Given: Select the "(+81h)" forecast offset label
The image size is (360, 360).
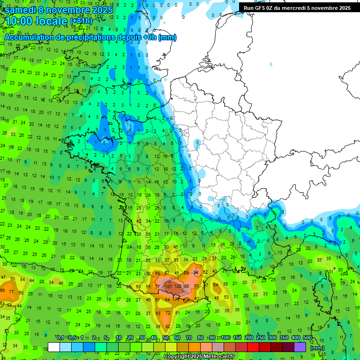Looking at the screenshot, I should [x=81, y=21].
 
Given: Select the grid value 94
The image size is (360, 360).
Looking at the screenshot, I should [x=196, y=272].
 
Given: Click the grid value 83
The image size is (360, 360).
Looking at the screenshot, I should [x=196, y=285].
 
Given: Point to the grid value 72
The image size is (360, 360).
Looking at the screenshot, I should [x=167, y=313].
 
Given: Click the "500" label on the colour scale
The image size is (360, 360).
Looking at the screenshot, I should [x=307, y=337].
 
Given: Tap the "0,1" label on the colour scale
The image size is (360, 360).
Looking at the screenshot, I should [x=60, y=337].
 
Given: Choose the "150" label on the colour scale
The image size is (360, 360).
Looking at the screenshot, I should [x=237, y=337].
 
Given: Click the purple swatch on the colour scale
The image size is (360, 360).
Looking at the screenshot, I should [x=300, y=347].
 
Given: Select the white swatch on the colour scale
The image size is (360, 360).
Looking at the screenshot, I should [x=54, y=347].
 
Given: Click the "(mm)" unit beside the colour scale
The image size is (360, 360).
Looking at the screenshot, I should [x=317, y=348].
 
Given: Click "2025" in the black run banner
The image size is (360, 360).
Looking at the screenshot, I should [x=343, y=7].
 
